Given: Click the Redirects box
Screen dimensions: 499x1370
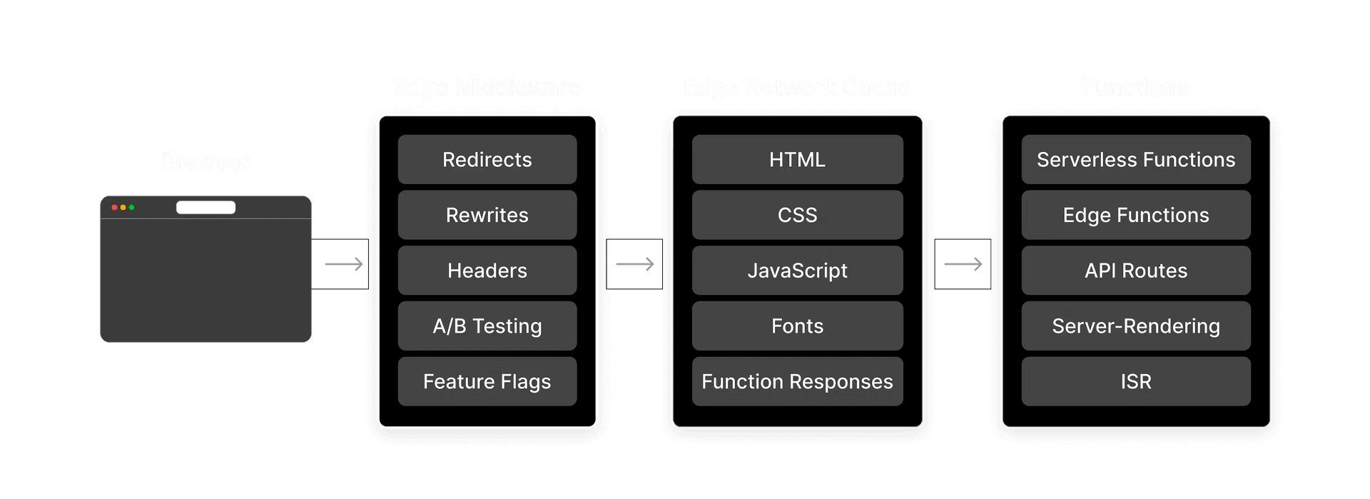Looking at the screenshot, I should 487,159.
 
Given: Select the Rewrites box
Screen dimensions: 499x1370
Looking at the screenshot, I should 487,215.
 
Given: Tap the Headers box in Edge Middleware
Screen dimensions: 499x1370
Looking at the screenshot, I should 487,271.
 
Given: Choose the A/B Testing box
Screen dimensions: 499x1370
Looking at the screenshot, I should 487,326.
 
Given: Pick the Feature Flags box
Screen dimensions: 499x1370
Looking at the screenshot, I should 487,381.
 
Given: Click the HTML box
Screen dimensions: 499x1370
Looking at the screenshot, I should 797,159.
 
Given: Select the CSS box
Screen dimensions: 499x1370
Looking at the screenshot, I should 797,215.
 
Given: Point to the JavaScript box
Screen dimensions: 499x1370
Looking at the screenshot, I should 797,271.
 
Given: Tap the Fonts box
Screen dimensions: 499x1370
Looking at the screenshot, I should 797,326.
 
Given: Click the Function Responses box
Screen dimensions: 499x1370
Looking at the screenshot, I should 797,381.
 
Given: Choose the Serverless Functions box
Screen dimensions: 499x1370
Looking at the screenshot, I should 1135,159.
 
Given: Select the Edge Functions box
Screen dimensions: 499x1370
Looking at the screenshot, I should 1135,215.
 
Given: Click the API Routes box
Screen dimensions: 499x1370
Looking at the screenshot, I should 1135,271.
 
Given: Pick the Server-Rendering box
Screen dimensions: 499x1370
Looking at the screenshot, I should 1135,326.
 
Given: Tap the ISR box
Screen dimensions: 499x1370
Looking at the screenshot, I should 1135,381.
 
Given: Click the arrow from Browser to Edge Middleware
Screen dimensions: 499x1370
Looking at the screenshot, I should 344,265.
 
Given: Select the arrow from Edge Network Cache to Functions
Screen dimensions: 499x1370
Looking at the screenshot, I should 963,265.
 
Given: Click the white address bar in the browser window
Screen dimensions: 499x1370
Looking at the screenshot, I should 205,207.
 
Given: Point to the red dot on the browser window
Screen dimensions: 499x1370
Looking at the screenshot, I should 114,207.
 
